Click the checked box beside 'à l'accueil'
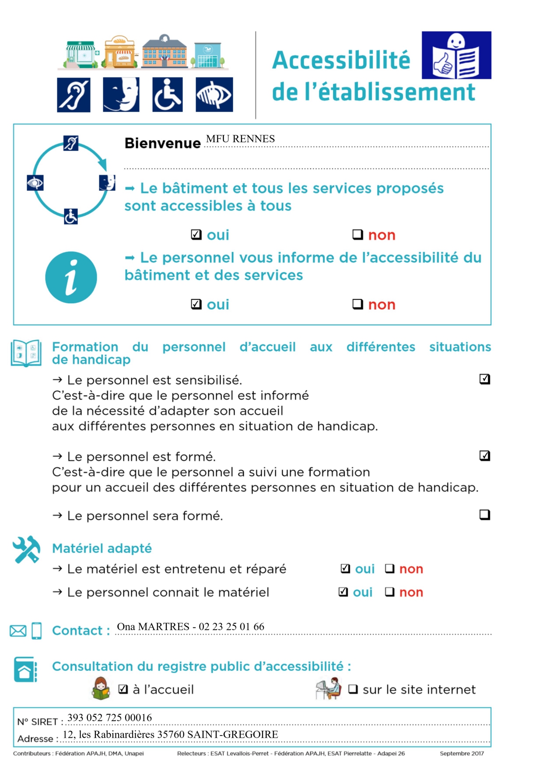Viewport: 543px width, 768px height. tap(123, 689)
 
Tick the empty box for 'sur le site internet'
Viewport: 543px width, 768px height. tap(353, 689)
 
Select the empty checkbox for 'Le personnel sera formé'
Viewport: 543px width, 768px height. tap(484, 515)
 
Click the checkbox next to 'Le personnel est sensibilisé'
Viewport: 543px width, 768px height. tap(484, 379)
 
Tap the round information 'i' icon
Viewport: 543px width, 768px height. tap(71, 277)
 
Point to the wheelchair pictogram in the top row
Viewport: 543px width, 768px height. tap(168, 95)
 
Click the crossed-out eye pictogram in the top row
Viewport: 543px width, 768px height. tap(214, 95)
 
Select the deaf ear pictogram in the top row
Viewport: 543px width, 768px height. tap(74, 95)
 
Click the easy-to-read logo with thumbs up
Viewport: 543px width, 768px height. tap(456, 55)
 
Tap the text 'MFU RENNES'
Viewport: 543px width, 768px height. tap(240, 139)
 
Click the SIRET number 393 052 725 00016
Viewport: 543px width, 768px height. tap(109, 718)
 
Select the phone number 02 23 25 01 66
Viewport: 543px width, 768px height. tap(231, 627)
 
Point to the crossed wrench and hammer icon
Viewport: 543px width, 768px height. tap(26, 549)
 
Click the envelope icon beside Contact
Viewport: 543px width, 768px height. tap(18, 631)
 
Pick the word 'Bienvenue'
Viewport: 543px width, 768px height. tap(162, 143)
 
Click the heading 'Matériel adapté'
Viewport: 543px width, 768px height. tap(102, 548)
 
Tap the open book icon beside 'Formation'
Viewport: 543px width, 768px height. tap(26, 353)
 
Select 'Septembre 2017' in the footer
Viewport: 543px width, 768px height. tap(462, 754)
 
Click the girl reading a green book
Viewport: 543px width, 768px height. tap(101, 688)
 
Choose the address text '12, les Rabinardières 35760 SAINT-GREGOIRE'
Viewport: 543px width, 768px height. tap(170, 734)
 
